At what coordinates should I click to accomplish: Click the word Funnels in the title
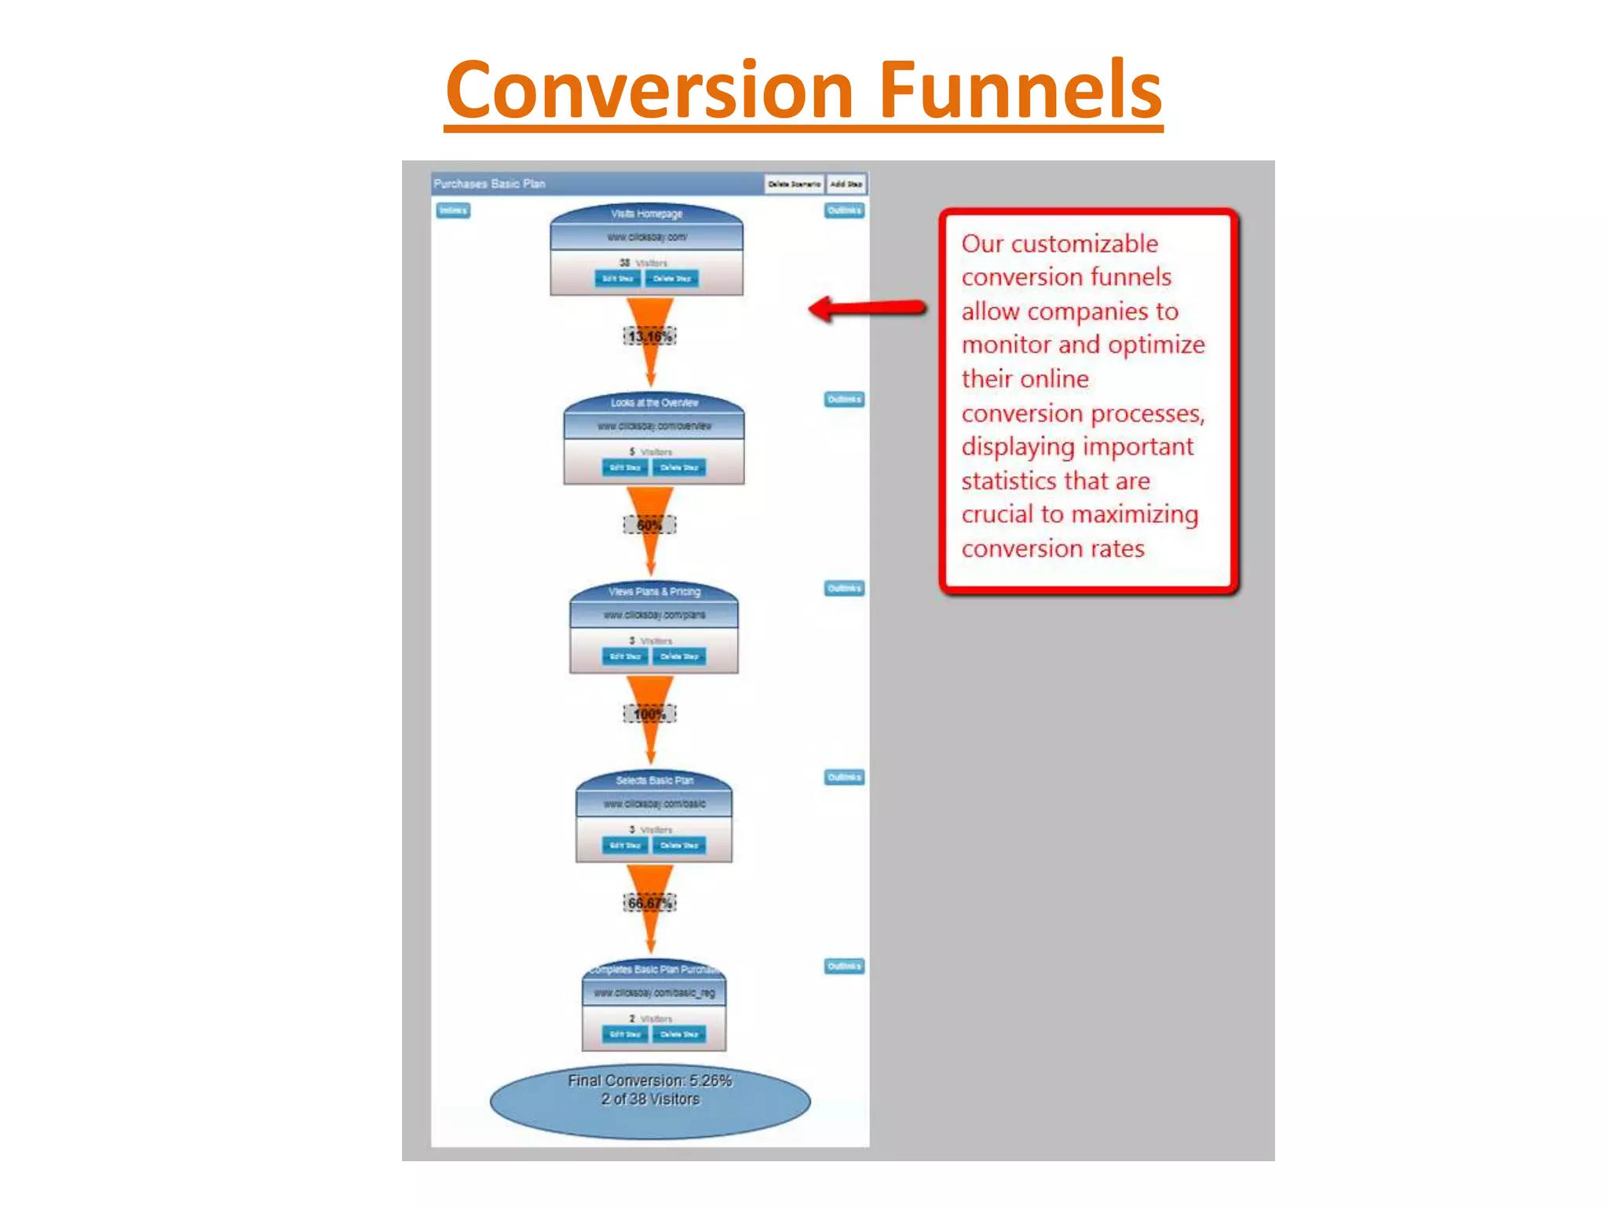click(x=1020, y=90)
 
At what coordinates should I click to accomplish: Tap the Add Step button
click(x=846, y=184)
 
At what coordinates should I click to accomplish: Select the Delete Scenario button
click(x=794, y=184)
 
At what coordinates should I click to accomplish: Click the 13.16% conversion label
click(x=649, y=337)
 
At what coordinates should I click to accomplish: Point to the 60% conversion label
click(x=649, y=525)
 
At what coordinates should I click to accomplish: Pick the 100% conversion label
click(x=649, y=714)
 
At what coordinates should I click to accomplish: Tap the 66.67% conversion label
click(x=649, y=903)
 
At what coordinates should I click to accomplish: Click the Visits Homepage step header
click(x=647, y=214)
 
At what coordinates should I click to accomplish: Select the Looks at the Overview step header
click(x=654, y=403)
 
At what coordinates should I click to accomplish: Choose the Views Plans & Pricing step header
click(x=654, y=591)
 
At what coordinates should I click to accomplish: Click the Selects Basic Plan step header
click(x=654, y=780)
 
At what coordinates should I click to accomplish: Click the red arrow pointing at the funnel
click(x=868, y=308)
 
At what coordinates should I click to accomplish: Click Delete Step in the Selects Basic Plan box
click(x=679, y=846)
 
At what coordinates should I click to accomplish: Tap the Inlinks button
click(x=453, y=210)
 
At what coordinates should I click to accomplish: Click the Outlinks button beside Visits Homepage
click(x=844, y=210)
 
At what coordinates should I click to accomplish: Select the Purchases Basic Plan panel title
click(x=489, y=184)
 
